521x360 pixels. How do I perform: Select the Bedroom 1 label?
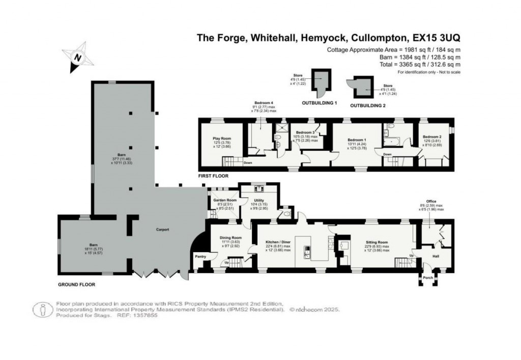click(357, 139)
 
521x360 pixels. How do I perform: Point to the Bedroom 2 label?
click(431, 137)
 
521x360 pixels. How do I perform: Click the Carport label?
click(162, 230)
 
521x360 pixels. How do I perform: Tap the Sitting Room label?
click(377, 243)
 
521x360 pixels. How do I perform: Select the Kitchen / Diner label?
click(278, 243)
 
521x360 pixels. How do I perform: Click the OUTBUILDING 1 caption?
click(321, 103)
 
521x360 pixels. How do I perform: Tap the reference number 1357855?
click(145, 316)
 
